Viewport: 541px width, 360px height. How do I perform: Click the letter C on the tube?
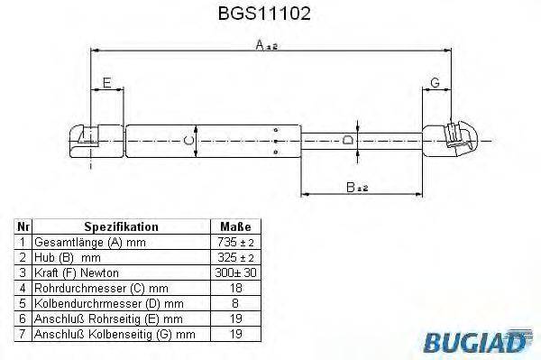click(188, 140)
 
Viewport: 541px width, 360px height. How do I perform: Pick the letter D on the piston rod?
click(348, 139)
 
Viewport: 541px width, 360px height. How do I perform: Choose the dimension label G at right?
click(435, 83)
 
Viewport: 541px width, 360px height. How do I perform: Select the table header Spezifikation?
click(121, 227)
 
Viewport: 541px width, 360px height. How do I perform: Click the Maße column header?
click(235, 227)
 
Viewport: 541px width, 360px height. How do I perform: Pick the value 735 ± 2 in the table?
click(235, 243)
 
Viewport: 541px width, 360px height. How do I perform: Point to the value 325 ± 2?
click(235, 257)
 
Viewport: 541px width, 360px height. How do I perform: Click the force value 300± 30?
click(235, 272)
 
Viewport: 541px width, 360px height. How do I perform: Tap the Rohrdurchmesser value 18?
click(235, 288)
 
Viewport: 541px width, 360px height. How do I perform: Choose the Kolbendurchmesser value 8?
click(235, 303)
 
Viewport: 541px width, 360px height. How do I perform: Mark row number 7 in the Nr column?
click(22, 334)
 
